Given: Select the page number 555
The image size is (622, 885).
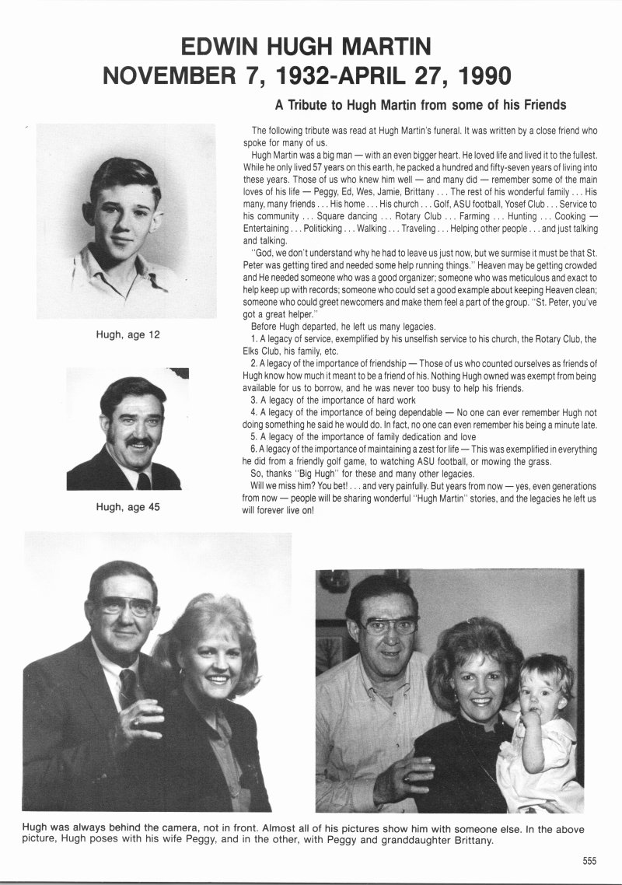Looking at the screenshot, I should [x=589, y=860].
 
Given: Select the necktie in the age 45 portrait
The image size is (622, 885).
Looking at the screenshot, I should [x=143, y=480].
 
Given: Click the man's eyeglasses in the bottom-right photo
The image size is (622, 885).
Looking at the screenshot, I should [x=390, y=624].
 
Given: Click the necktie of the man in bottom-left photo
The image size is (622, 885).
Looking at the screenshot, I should [x=128, y=689].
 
